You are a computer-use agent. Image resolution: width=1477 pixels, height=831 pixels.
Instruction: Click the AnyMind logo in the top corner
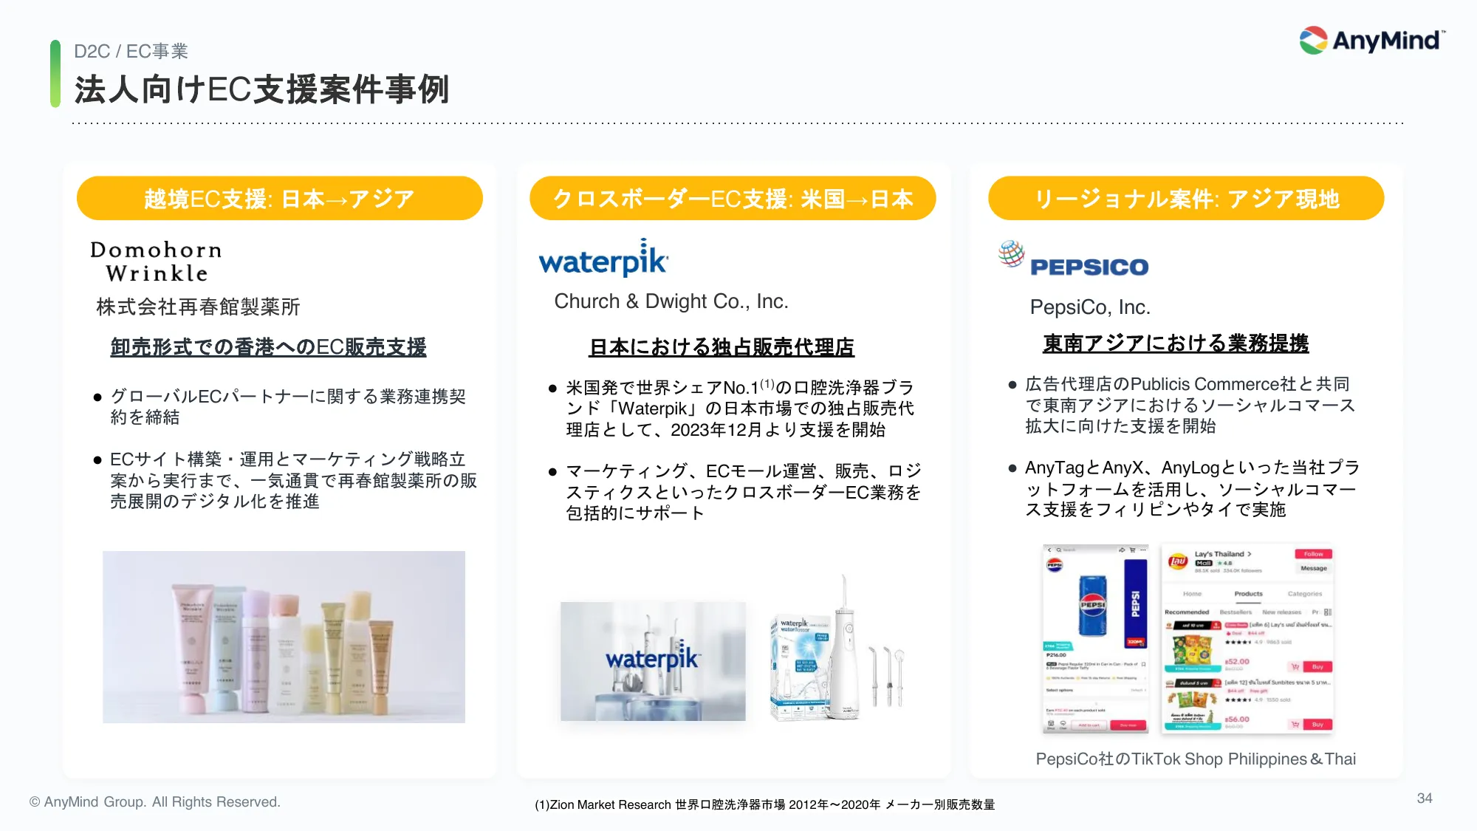[1372, 40]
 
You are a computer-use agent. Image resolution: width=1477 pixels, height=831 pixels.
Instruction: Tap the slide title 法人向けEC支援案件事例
[261, 90]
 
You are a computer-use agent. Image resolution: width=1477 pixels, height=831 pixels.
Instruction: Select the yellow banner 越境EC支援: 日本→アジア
[279, 199]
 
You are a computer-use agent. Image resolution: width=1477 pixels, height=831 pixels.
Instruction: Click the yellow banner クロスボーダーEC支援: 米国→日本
[732, 199]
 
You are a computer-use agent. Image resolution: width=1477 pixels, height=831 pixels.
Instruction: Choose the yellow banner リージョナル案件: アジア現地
[1185, 199]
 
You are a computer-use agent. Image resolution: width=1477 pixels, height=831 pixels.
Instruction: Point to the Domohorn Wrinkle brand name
[156, 261]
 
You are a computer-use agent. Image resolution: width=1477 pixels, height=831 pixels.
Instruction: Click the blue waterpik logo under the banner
[603, 259]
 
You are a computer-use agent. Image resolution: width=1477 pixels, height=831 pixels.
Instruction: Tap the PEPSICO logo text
[1089, 267]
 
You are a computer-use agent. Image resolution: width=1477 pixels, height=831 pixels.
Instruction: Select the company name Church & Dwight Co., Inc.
[671, 301]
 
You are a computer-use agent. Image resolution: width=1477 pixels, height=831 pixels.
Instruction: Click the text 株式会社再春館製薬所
[198, 307]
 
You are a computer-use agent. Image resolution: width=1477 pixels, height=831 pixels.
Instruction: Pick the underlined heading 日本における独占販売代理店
[721, 347]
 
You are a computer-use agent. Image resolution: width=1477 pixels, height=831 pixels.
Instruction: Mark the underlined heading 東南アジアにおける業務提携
[1175, 343]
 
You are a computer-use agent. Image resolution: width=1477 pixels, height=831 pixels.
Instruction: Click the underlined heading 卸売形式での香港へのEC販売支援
[268, 347]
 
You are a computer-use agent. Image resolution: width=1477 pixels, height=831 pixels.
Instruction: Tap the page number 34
[1424, 798]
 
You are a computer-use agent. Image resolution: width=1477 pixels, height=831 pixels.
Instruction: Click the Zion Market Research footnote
[764, 804]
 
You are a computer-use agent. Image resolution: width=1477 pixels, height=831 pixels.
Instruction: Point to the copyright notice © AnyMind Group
[155, 801]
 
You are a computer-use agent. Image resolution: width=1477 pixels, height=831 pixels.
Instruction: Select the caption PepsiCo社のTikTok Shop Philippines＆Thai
[1195, 759]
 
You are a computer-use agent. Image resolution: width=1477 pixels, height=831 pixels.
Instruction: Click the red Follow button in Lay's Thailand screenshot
[1312, 554]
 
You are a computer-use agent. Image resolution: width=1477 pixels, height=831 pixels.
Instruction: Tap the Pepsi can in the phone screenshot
[1092, 605]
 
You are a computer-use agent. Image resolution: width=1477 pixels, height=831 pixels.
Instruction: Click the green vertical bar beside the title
[55, 74]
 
